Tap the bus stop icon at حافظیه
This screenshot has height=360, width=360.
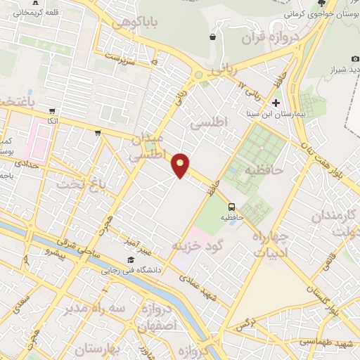pyautogui.click(x=231, y=206)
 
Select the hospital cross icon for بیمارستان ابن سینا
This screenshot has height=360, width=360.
pyautogui.click(x=257, y=103)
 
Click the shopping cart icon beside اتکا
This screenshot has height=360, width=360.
pyautogui.click(x=52, y=110)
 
